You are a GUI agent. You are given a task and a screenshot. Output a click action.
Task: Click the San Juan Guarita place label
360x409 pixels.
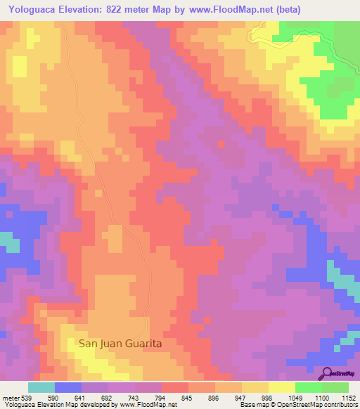[120, 343]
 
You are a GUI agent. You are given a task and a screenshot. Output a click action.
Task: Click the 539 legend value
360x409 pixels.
[25, 398]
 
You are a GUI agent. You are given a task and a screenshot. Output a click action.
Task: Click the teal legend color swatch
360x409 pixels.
[41, 387]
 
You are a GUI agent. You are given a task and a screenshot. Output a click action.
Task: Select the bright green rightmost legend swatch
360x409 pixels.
[335, 387]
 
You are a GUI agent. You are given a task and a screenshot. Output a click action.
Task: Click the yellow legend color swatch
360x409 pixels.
[282, 387]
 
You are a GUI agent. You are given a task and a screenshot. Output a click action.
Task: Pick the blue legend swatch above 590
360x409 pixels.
[68, 387]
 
